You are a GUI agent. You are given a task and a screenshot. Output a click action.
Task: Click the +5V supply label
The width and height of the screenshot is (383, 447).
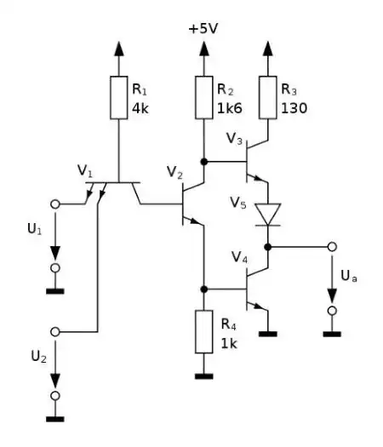point(203,29)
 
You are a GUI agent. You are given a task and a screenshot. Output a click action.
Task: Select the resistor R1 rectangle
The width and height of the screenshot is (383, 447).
point(119,99)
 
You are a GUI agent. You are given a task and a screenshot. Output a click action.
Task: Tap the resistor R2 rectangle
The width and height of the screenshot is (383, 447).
point(203,99)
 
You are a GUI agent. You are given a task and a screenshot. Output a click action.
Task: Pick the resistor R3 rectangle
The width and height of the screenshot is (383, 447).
point(269,99)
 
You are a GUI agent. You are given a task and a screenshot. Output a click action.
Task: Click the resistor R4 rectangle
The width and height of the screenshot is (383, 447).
point(203,333)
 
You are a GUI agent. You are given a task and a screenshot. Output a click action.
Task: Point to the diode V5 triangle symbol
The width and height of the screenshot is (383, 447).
point(269,214)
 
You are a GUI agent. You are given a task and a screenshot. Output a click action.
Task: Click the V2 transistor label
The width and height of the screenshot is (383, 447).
point(174,175)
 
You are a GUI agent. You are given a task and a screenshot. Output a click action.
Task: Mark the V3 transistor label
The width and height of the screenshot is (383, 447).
point(235,138)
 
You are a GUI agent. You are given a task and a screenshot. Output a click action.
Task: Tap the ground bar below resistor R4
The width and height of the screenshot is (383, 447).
point(203,375)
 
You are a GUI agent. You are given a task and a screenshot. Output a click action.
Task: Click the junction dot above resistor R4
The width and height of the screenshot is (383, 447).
point(203,289)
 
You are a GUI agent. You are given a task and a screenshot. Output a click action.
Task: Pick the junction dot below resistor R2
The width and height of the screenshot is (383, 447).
point(203,159)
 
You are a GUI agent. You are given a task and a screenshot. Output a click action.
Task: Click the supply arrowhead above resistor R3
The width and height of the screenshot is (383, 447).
point(269,47)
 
